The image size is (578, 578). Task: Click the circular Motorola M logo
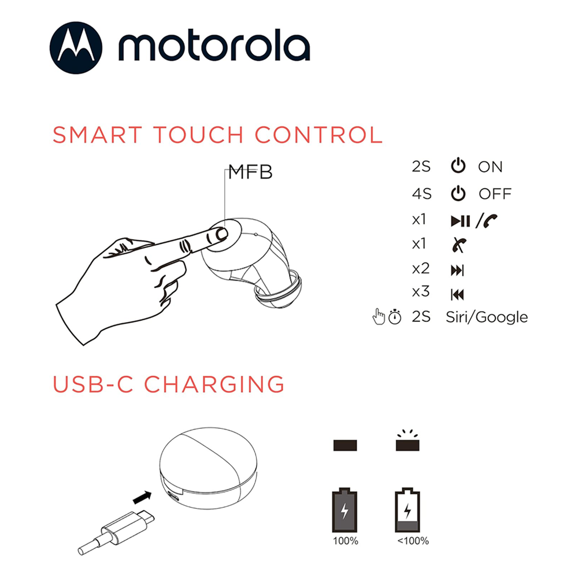click(x=76, y=47)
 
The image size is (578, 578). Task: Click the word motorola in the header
click(x=214, y=47)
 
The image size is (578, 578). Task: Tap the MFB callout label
click(x=250, y=172)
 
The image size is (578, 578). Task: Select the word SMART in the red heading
click(x=97, y=135)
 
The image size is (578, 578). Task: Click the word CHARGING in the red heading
click(x=214, y=384)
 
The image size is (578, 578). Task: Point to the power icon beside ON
click(x=458, y=166)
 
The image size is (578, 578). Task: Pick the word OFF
click(x=495, y=194)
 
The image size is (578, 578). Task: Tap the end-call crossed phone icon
click(x=459, y=244)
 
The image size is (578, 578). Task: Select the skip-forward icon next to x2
click(x=457, y=271)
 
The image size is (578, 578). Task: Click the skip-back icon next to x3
click(x=457, y=295)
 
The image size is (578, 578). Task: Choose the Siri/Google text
click(x=487, y=317)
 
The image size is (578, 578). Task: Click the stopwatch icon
click(x=395, y=317)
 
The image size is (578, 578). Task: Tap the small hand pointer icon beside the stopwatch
click(x=379, y=316)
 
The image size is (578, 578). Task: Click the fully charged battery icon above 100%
click(x=344, y=510)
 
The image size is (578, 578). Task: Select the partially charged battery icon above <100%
click(x=407, y=510)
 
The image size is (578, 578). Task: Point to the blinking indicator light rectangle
click(x=407, y=445)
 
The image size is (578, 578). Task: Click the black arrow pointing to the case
click(x=142, y=498)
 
